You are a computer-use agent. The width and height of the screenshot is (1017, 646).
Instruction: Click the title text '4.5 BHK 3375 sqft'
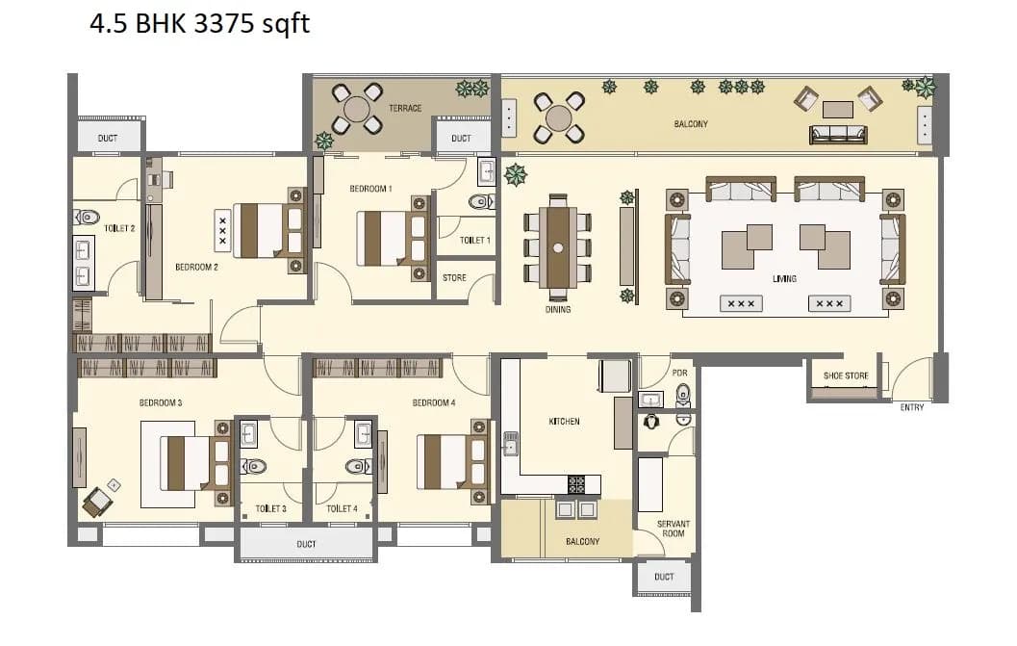coord(200,23)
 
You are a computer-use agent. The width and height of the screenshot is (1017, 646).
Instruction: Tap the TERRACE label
coord(405,108)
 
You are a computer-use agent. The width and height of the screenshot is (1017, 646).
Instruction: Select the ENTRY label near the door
coord(911,407)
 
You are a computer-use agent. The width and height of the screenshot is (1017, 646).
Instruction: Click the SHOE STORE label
coord(846,376)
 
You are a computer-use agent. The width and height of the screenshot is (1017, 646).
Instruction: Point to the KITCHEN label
coord(564,421)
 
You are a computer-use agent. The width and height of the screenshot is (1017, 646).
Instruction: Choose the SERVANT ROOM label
coord(673,529)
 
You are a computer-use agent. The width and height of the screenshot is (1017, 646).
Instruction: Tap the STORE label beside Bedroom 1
coord(454,278)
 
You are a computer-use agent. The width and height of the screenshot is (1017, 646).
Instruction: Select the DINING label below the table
coord(557,310)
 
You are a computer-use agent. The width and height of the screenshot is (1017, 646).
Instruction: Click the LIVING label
coord(784,278)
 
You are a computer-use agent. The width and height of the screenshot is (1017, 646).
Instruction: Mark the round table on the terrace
coord(357,109)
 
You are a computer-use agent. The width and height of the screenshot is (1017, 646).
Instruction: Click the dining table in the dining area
coord(557,246)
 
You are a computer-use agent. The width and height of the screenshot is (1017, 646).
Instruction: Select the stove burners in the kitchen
coord(577,484)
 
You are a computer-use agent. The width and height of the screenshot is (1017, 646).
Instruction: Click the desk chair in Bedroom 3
coord(96,500)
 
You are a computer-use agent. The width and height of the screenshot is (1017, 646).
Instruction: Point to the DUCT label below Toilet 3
coord(306,544)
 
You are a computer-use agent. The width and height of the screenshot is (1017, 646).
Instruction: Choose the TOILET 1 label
coord(474,240)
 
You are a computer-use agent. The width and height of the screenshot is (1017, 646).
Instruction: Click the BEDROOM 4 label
coord(433,402)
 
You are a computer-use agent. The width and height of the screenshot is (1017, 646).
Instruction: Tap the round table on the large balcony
coord(559,117)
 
